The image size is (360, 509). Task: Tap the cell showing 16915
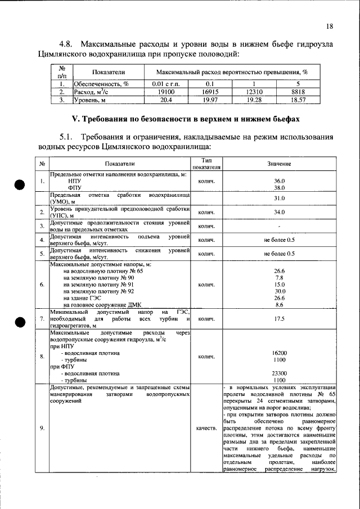click(210, 92)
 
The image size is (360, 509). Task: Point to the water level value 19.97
click(210, 100)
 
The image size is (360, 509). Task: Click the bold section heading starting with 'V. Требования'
click(180, 119)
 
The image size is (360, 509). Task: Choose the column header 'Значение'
click(279, 164)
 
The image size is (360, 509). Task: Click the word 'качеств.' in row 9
click(208, 428)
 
